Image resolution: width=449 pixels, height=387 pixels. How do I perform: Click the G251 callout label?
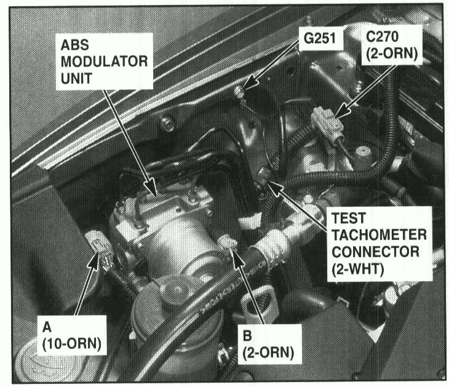[x=320, y=38]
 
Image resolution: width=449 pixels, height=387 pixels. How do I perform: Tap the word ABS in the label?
[x=75, y=45]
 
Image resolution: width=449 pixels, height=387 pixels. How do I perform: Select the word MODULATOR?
[x=104, y=62]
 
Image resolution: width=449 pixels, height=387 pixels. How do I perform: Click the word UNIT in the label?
[x=76, y=78]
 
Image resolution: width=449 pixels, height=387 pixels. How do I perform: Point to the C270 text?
[x=382, y=37]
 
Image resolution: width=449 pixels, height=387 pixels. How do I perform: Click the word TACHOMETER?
[x=379, y=235]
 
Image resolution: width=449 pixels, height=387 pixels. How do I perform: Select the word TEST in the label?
[x=349, y=218]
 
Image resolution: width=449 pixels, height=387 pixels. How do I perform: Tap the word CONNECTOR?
[x=375, y=252]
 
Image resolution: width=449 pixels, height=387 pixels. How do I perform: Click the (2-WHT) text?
[x=357, y=269]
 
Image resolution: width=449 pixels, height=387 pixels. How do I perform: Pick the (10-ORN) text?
[x=71, y=344]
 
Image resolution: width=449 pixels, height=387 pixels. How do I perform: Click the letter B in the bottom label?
[x=247, y=336]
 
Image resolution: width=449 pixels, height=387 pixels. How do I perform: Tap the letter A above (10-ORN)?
[x=47, y=327]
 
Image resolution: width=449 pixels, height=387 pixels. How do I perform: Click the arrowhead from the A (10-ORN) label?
[x=93, y=261]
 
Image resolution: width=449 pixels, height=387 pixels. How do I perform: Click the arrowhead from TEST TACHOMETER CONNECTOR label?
[x=275, y=188]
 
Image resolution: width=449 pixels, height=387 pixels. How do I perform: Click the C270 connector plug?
[x=327, y=124]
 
